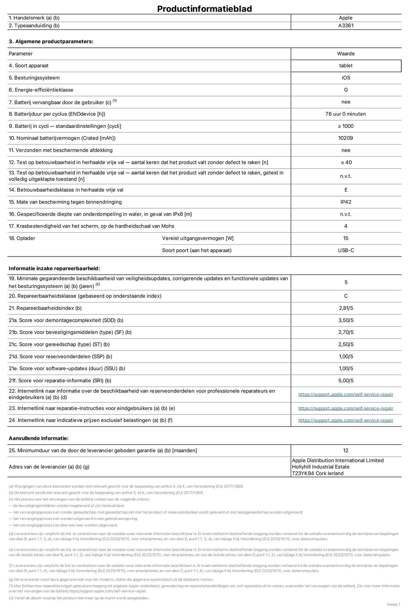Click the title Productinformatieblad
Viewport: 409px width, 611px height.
click(204, 9)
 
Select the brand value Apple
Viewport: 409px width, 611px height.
click(346, 18)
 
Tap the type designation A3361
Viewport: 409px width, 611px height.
click(346, 26)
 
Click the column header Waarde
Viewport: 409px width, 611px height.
click(346, 54)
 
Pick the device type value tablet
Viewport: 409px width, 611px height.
click(346, 66)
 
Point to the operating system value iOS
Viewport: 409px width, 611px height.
click(346, 78)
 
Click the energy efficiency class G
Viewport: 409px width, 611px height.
click(346, 90)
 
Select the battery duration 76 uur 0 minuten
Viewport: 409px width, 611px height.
click(346, 114)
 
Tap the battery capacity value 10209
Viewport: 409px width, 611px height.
click(346, 138)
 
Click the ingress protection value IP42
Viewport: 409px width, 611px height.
click(346, 202)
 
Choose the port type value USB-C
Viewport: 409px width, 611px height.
click(346, 250)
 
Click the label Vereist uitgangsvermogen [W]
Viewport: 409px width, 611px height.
click(198, 238)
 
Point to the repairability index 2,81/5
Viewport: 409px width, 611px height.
click(346, 308)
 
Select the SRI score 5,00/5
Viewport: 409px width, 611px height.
click(346, 381)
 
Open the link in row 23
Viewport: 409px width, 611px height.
click(346, 408)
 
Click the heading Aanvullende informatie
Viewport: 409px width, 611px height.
click(38, 438)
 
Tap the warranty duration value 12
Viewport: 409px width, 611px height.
click(346, 450)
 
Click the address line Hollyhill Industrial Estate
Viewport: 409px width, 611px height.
click(321, 467)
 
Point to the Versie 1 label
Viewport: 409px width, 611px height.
click(393, 604)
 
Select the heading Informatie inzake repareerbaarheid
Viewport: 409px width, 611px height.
click(54, 269)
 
